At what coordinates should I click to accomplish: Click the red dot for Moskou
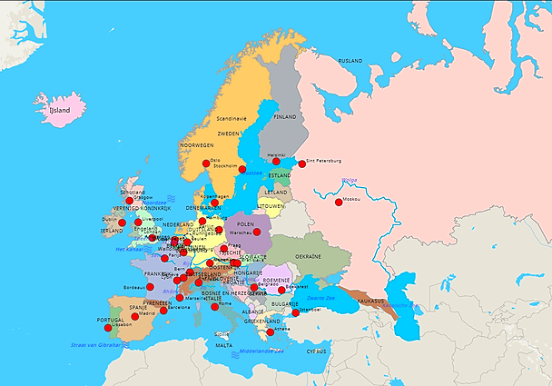(339, 202)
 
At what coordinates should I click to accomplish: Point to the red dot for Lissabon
(108, 327)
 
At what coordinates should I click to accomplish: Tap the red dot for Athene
(270, 332)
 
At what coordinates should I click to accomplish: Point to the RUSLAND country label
(350, 61)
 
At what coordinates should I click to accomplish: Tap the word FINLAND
(284, 117)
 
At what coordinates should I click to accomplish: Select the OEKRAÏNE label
(308, 256)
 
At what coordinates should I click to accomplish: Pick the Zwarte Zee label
(322, 298)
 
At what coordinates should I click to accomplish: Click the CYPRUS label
(316, 350)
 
